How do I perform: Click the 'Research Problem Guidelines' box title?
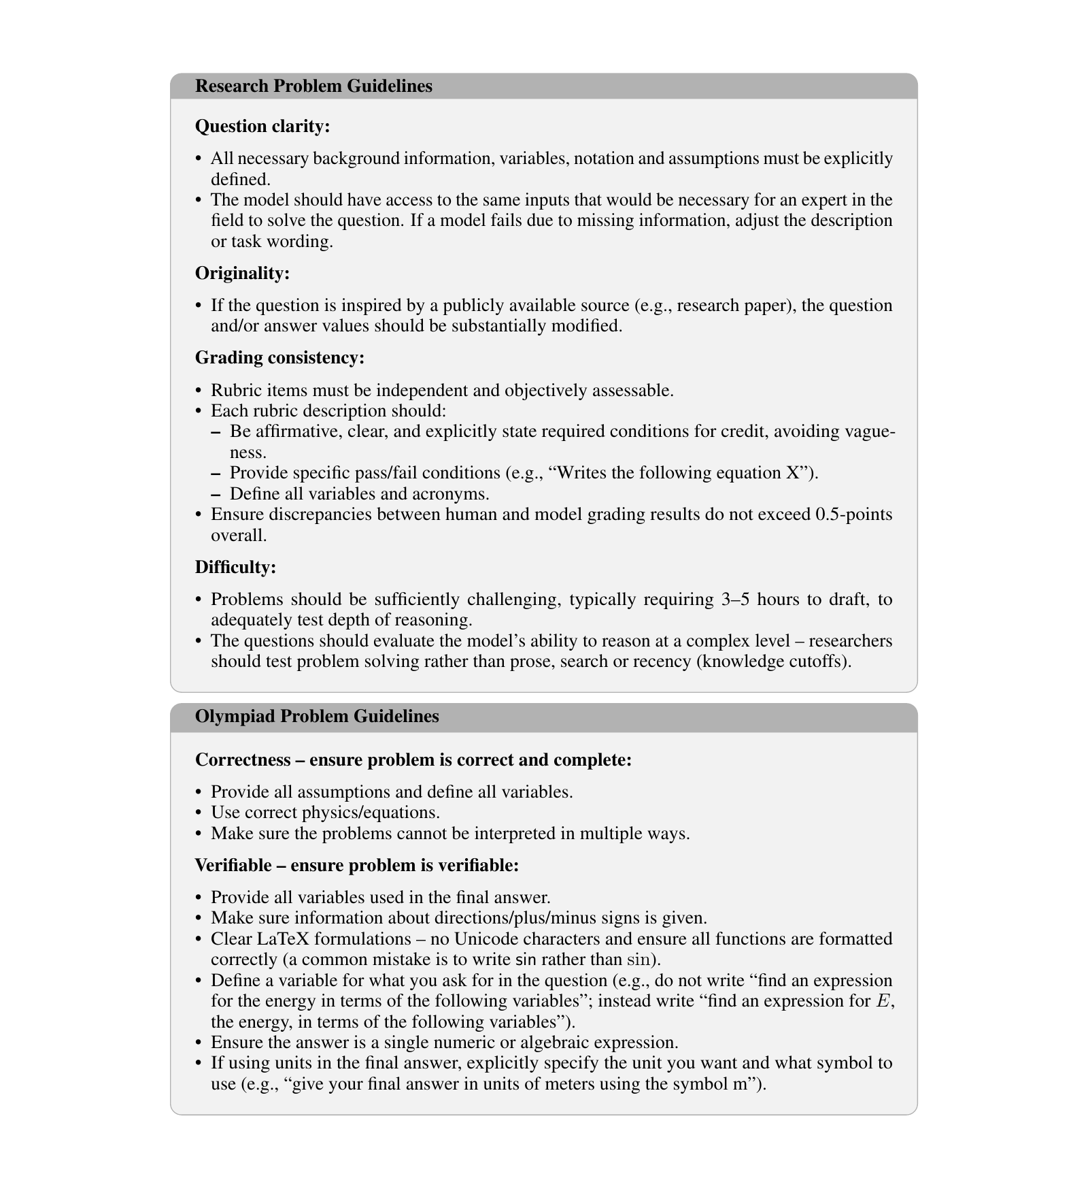(313, 86)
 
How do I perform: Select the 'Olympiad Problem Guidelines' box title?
(317, 717)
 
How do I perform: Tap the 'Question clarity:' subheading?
(262, 127)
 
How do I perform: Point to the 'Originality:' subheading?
(242, 274)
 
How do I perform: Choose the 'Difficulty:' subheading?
(235, 568)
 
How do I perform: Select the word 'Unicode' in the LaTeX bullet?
(481, 939)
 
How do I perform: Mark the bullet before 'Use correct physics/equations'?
(199, 813)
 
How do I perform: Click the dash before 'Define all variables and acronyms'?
(216, 493)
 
